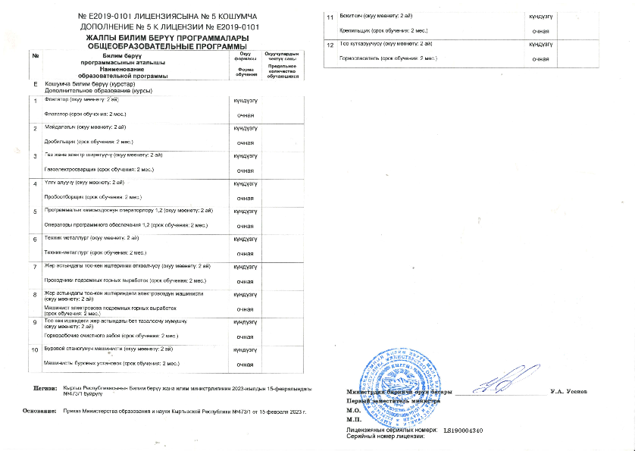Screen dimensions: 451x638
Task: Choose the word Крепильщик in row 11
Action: tap(354, 30)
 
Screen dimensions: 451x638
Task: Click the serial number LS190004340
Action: tap(463, 430)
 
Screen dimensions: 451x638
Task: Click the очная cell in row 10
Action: tap(246, 365)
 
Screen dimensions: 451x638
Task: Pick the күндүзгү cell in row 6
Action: tap(246, 239)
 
